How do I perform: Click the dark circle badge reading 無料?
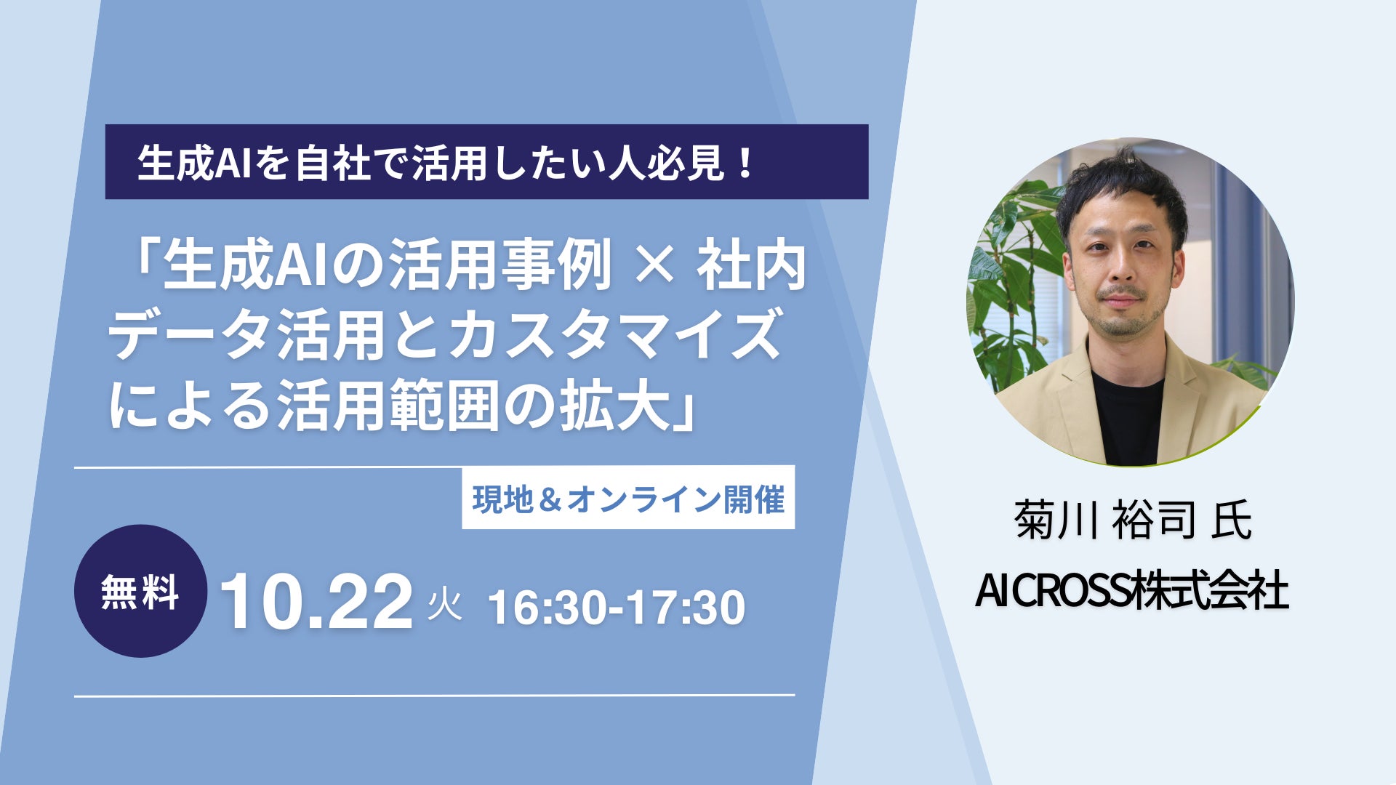coord(140,591)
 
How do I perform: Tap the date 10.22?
coord(316,602)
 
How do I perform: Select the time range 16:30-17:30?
coord(617,608)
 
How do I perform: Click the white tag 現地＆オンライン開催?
coord(628,498)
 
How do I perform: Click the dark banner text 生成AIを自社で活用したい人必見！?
coord(445,162)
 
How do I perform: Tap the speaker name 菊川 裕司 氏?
coord(1132,520)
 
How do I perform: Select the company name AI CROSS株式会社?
coord(1131,589)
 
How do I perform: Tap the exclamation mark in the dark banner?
coord(743,163)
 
